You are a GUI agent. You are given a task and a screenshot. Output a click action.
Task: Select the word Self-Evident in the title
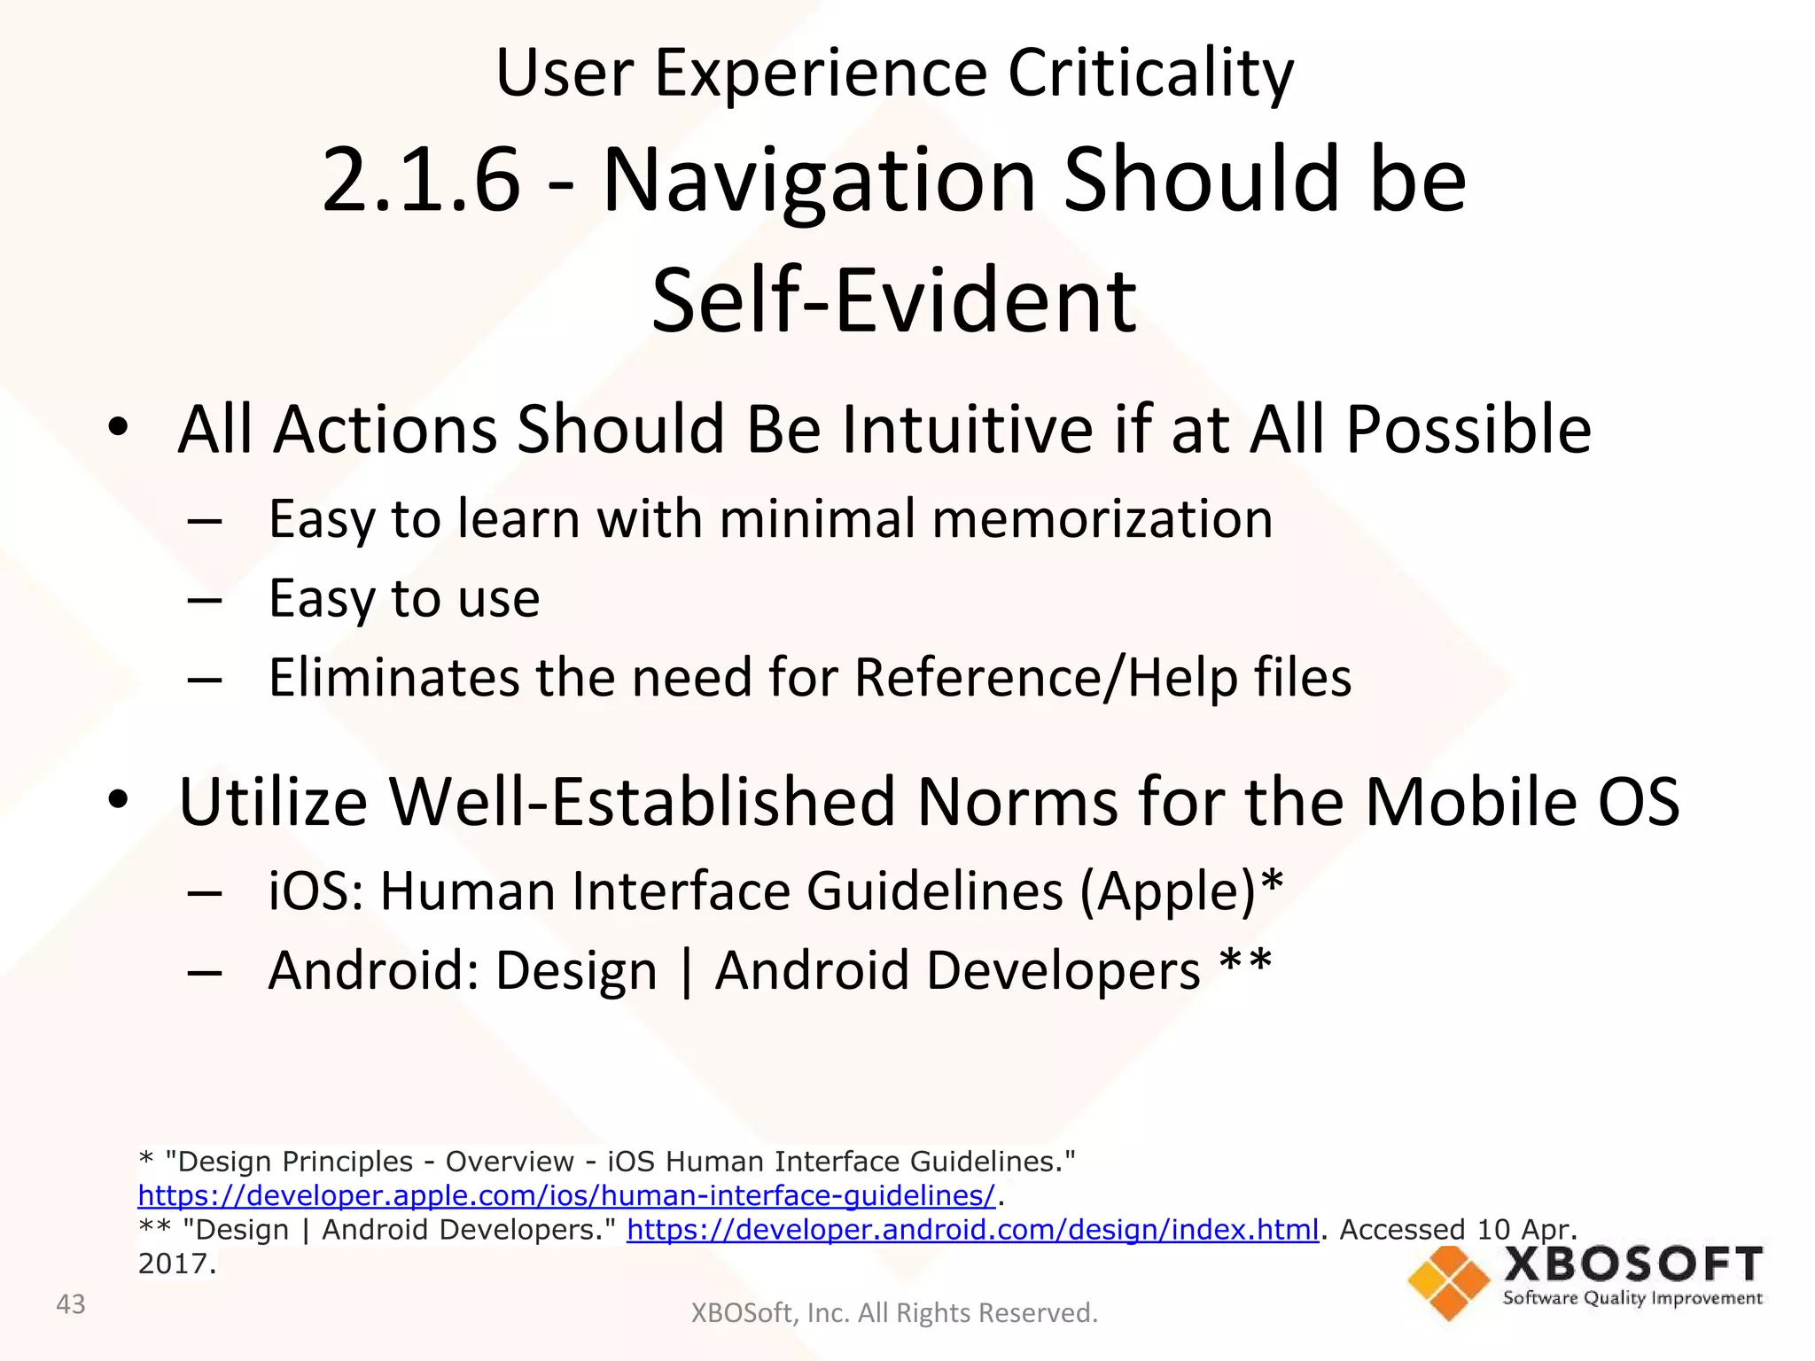pos(893,301)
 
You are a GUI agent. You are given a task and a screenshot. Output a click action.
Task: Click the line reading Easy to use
pos(404,599)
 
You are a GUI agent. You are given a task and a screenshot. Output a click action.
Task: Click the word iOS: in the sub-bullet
pos(315,890)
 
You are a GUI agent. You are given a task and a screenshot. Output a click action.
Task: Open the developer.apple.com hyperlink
pos(566,1196)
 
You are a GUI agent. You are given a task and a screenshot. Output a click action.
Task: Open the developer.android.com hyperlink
pos(972,1230)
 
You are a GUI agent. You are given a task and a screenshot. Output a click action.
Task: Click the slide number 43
pos(71,1304)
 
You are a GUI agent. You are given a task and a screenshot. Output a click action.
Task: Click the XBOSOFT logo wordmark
pos(1632,1264)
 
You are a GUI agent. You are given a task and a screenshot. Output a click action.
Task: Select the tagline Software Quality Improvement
pos(1632,1299)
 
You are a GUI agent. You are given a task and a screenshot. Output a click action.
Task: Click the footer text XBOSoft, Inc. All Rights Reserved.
pos(893,1313)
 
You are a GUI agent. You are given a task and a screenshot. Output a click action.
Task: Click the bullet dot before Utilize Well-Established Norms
pos(118,800)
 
